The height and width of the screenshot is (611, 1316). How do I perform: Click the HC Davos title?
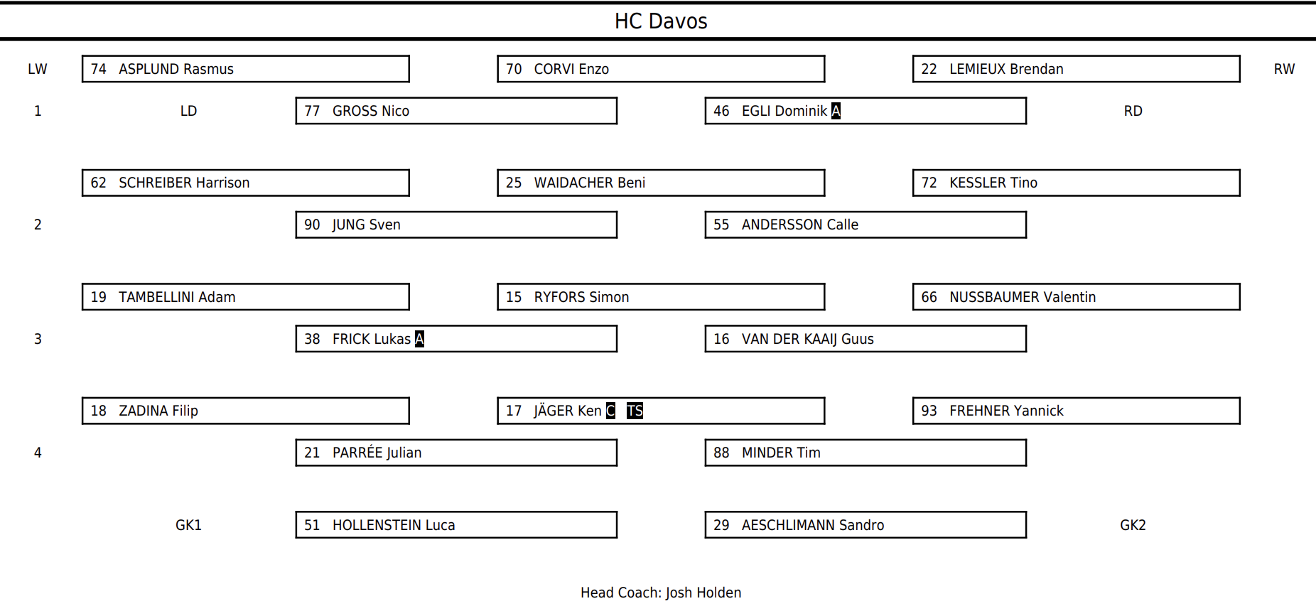pos(661,21)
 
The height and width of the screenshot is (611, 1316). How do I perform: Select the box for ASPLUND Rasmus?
pos(245,69)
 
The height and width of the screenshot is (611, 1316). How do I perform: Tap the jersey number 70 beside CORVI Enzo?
pos(514,69)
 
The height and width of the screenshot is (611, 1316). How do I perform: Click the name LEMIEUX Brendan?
pos(1006,69)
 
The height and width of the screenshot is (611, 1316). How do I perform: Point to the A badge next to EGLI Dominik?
pos(836,111)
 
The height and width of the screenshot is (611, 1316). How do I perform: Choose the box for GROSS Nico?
pos(456,111)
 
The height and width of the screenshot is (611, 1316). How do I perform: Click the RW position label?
pos(1284,69)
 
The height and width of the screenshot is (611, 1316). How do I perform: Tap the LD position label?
pos(188,111)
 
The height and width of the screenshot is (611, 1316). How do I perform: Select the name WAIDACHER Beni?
pos(590,183)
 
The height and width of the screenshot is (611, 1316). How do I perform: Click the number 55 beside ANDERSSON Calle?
pos(721,225)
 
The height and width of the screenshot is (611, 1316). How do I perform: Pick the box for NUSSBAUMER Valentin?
pos(1076,297)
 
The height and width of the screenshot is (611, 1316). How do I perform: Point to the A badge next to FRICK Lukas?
pos(419,339)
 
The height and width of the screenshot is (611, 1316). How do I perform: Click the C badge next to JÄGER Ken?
pos(610,411)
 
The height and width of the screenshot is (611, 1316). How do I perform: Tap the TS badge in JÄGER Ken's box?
pos(635,411)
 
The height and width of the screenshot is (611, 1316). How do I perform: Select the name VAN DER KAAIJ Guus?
pos(808,339)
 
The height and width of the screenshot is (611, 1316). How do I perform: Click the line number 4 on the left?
pos(38,453)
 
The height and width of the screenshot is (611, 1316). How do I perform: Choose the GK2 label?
pos(1133,525)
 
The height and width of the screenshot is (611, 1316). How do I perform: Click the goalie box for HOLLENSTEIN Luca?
pos(456,525)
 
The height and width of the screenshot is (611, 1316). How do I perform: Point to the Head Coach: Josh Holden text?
pos(661,593)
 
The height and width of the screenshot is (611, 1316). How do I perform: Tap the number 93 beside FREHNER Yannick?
pos(929,411)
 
